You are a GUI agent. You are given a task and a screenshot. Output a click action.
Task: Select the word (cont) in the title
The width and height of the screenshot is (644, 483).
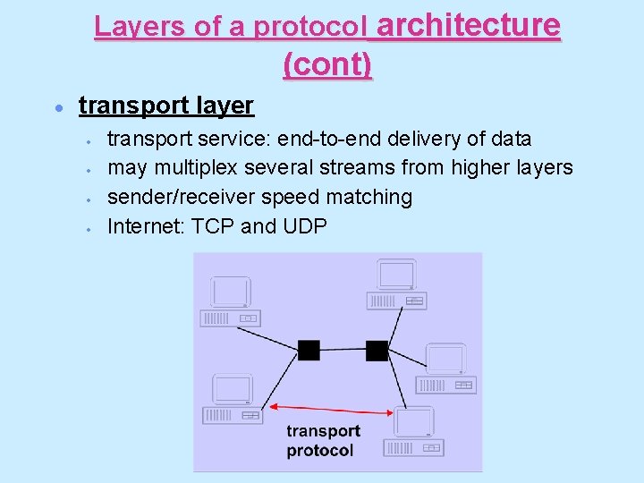(x=327, y=64)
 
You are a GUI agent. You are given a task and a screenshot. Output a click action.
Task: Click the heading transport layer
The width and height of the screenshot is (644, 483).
(x=166, y=106)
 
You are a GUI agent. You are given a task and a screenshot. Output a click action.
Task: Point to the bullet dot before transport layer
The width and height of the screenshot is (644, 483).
(x=57, y=106)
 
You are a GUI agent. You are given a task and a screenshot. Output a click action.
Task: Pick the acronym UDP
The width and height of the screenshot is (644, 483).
(x=304, y=225)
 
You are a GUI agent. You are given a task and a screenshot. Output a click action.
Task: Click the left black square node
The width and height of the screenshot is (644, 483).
(x=309, y=350)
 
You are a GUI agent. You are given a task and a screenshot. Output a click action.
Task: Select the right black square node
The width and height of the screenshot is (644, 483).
(x=377, y=350)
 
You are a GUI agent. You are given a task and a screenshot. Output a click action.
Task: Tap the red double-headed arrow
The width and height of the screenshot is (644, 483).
(x=332, y=409)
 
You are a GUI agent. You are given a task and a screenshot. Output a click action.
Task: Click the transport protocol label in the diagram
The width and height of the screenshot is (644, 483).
(x=323, y=441)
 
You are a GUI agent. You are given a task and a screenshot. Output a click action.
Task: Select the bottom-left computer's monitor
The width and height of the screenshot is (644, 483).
(x=233, y=390)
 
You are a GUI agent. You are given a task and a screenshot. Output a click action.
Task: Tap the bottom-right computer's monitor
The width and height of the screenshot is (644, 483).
(x=414, y=421)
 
